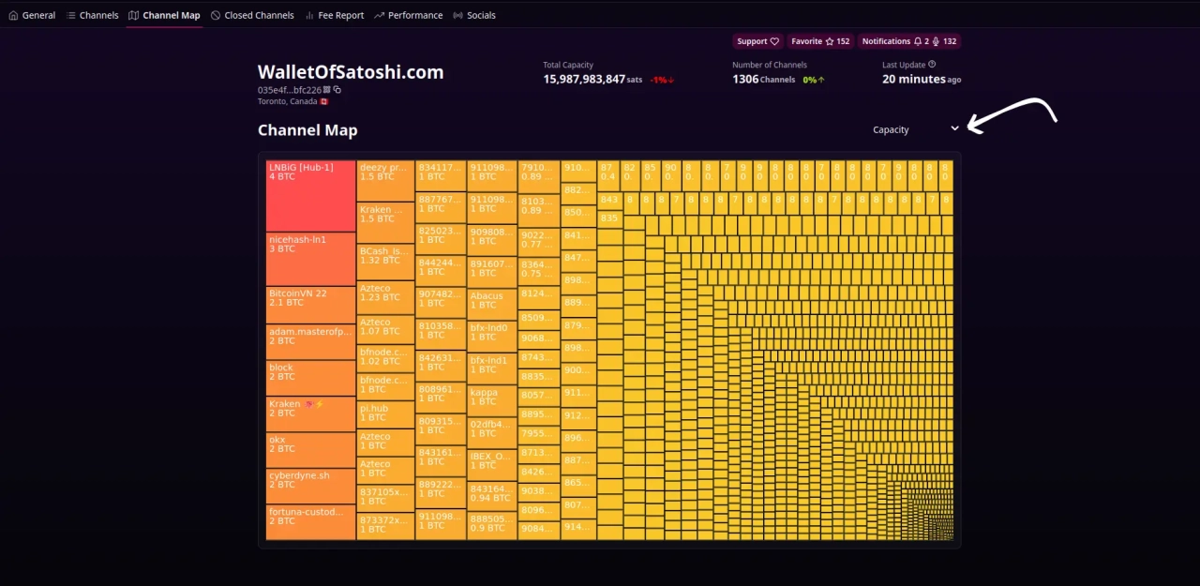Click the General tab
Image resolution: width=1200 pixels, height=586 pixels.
(x=32, y=15)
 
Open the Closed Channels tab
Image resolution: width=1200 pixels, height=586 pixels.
(x=252, y=15)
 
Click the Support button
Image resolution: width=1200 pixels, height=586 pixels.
(x=757, y=41)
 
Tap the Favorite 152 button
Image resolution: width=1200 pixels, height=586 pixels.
(x=819, y=41)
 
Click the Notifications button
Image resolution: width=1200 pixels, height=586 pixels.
(x=908, y=41)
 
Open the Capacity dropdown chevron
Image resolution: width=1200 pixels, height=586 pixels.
(x=954, y=128)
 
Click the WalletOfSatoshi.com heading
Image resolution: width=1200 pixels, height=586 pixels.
(x=351, y=72)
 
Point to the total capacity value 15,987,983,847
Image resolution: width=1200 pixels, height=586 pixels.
(x=584, y=80)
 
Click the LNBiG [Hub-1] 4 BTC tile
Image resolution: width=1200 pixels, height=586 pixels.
(x=310, y=195)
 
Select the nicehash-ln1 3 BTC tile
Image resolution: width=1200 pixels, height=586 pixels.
(x=310, y=258)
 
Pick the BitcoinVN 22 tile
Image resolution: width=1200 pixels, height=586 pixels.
(x=310, y=304)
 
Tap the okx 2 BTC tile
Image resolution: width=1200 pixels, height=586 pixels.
(x=310, y=449)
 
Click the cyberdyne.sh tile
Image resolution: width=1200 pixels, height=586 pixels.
(x=310, y=485)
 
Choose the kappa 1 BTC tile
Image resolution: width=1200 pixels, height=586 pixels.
(x=491, y=399)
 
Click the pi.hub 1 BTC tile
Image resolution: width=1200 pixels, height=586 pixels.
(x=384, y=413)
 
